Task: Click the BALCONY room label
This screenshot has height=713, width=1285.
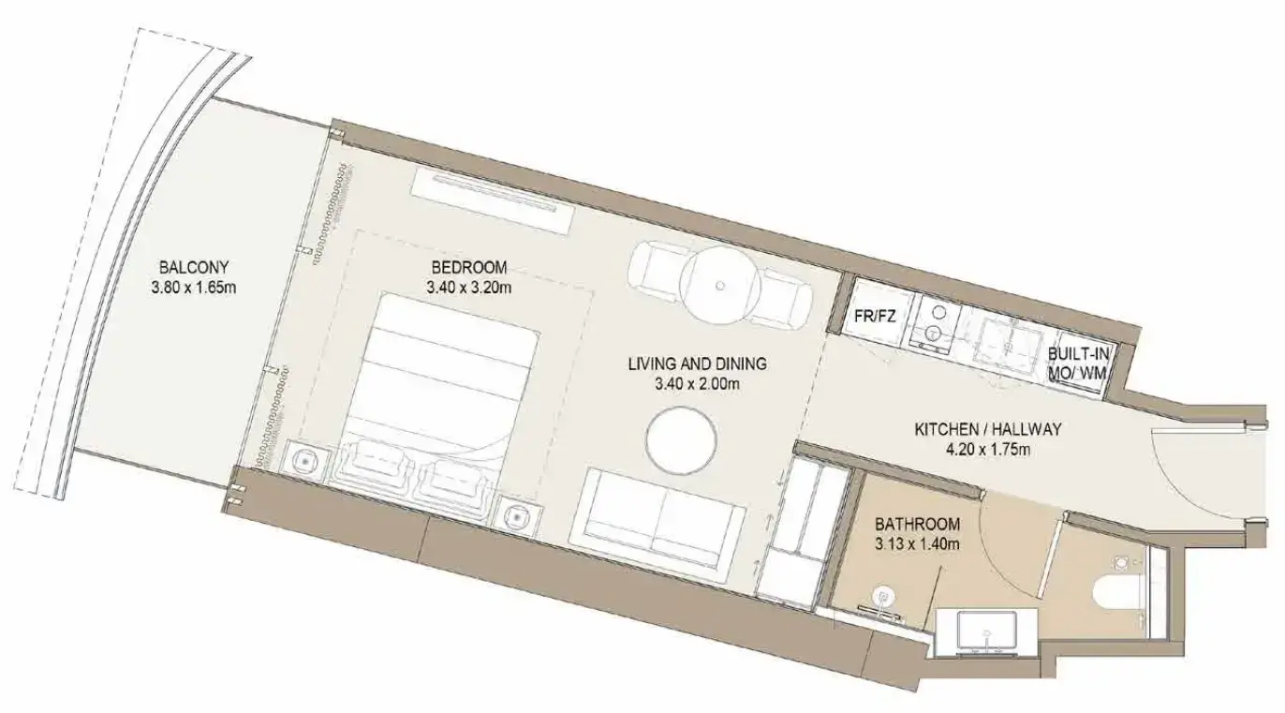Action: point(194,268)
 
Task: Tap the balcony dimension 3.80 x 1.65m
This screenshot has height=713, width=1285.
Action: point(194,288)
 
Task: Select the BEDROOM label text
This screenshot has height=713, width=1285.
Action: point(469,268)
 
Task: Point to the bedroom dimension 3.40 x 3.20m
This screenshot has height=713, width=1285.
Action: point(469,288)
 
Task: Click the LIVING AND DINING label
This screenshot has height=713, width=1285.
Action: point(698,364)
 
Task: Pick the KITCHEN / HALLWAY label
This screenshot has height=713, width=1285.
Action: point(988,429)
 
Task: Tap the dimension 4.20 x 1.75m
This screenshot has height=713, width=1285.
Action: point(988,450)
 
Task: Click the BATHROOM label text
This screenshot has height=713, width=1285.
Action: point(917,524)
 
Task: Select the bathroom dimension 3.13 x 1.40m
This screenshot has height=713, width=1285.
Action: point(917,544)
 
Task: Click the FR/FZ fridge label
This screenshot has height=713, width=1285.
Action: point(875,317)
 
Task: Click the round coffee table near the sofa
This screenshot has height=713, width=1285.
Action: point(682,442)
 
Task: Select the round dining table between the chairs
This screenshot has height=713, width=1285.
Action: point(720,285)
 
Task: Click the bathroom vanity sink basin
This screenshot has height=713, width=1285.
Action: point(987,632)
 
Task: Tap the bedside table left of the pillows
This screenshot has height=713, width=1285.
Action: point(306,460)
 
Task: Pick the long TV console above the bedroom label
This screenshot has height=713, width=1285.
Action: point(493,201)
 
